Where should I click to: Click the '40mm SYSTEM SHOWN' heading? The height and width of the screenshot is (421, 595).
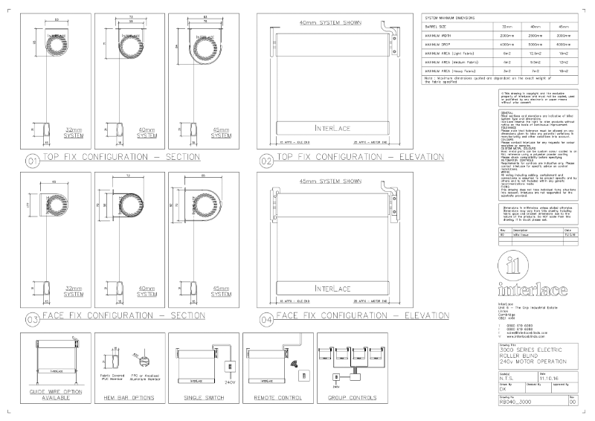click(x=330, y=23)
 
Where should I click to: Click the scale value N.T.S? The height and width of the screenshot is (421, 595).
click(x=508, y=378)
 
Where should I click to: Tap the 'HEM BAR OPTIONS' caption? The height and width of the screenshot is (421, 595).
click(x=126, y=397)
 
